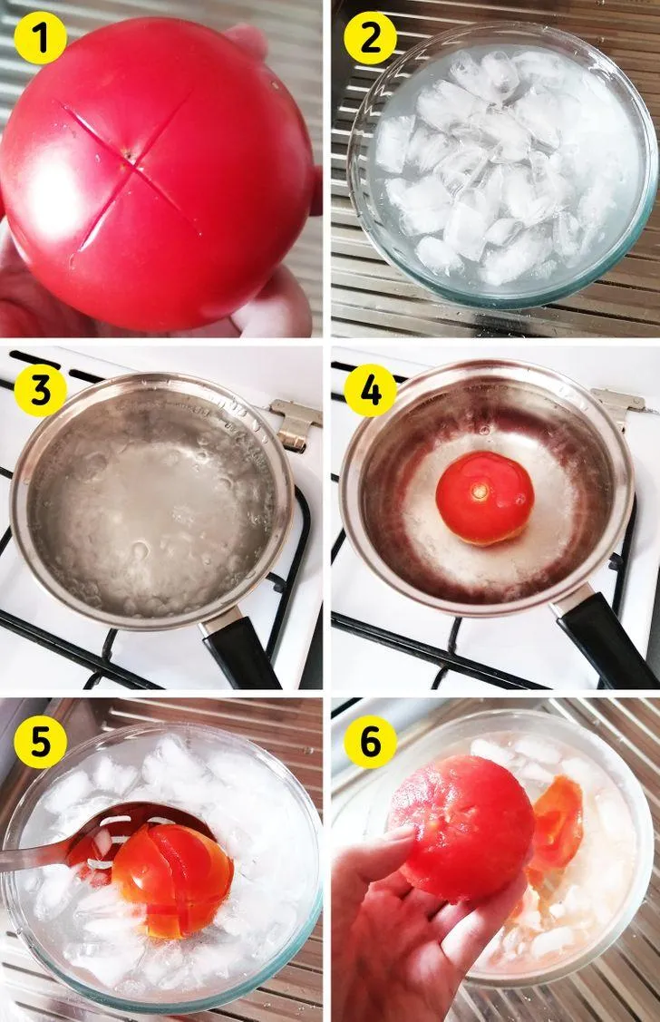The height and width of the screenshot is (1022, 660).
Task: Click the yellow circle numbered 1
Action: (x=41, y=38)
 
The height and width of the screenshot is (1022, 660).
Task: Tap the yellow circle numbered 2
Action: (x=370, y=38)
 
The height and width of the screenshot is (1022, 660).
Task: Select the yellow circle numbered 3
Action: (x=41, y=391)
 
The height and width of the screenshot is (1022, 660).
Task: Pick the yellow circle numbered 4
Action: (x=370, y=391)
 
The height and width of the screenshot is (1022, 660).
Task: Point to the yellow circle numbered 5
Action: (x=41, y=742)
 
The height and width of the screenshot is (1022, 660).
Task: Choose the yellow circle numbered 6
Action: (x=370, y=742)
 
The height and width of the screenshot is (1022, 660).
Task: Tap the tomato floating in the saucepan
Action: (x=484, y=497)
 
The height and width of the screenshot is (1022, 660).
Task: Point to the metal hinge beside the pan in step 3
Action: (x=296, y=423)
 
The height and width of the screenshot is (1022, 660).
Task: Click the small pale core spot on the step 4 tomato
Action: (x=480, y=490)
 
